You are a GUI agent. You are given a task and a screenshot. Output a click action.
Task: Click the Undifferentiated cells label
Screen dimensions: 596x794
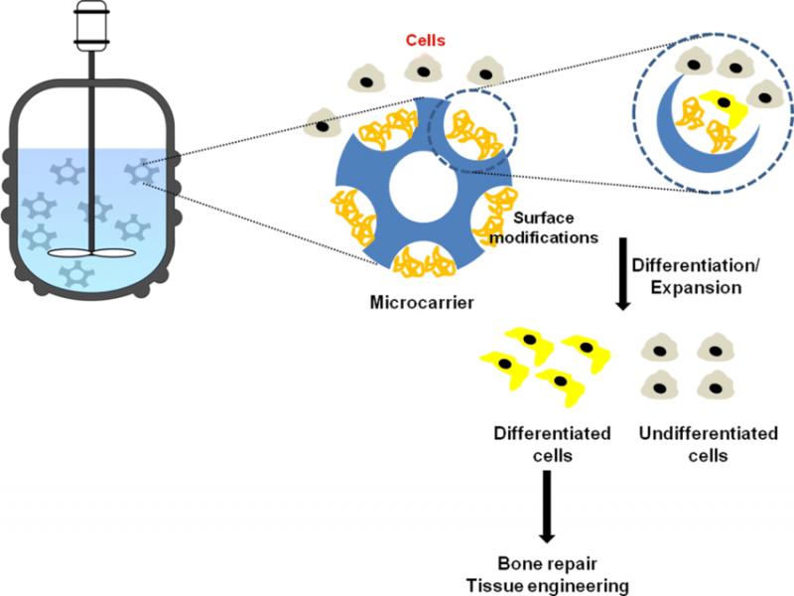(695, 444)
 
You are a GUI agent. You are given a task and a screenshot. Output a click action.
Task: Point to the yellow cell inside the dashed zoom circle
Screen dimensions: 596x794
(721, 105)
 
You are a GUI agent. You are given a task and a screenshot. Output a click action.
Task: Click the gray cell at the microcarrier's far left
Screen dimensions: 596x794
(325, 122)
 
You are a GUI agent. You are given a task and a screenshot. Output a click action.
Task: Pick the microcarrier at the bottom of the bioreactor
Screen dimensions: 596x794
(76, 275)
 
